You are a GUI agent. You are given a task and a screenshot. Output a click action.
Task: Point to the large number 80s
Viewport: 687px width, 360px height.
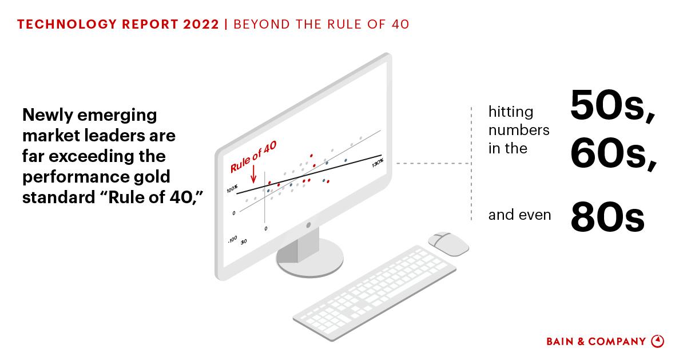click(607, 218)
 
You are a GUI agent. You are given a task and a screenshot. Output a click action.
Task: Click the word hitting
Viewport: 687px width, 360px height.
click(510, 112)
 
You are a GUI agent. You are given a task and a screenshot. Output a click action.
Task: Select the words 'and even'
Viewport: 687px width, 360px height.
click(519, 215)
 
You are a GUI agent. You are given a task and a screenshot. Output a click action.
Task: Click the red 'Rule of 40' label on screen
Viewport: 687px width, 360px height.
click(253, 157)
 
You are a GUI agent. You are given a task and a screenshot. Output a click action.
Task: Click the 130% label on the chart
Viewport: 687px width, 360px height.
click(377, 164)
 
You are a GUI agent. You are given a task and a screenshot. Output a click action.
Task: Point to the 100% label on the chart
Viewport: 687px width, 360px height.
click(232, 189)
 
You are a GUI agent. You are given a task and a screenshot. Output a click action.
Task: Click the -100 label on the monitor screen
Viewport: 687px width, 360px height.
click(232, 239)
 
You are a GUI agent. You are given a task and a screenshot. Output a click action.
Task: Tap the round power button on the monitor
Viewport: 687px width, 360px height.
click(308, 226)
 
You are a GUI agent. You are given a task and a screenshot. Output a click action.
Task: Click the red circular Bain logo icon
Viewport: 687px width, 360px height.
click(658, 341)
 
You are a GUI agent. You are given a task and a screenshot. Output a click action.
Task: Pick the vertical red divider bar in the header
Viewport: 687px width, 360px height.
click(227, 25)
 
